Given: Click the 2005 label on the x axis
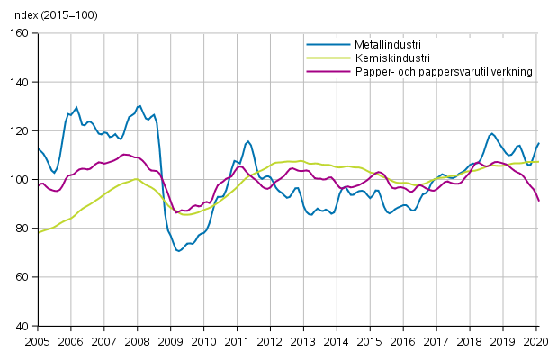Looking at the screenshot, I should click(x=37, y=341).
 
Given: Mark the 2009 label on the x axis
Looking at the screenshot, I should click(x=170, y=341).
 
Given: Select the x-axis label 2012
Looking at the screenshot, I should click(x=270, y=341).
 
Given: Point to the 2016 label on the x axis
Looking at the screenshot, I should click(x=403, y=341).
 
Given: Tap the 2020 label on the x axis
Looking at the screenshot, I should click(x=535, y=341).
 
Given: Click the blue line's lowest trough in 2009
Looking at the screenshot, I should click(x=178, y=250).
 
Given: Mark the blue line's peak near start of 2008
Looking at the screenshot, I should click(x=139, y=105).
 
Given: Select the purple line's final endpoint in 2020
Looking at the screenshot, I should click(x=539, y=201).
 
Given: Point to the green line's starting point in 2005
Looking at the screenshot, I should click(x=38, y=232).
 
